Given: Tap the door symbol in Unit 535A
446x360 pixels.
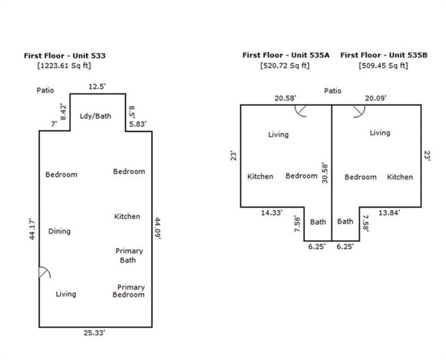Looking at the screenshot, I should click(x=301, y=110).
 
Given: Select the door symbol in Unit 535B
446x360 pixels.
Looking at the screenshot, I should click(x=359, y=110).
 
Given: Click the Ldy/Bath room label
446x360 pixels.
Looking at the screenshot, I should click(x=96, y=115).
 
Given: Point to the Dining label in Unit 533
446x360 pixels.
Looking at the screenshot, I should click(x=59, y=231).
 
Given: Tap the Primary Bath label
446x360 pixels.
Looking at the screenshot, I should click(x=129, y=255).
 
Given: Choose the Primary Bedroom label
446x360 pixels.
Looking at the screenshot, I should click(x=130, y=291).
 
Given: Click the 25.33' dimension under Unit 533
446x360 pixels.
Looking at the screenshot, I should click(x=95, y=333).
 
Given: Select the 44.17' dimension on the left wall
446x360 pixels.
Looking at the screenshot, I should click(x=32, y=229).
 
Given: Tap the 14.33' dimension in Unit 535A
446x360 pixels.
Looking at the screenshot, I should click(x=272, y=212).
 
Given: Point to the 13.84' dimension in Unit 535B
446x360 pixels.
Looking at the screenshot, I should click(x=389, y=212).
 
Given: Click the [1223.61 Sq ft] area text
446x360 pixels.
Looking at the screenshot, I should click(x=64, y=66).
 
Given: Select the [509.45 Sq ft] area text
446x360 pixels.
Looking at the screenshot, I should click(x=383, y=66).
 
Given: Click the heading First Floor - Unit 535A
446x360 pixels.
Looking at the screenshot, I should click(x=286, y=55).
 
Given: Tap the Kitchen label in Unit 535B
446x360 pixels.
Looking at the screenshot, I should click(x=400, y=177).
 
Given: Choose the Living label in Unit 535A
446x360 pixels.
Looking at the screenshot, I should click(x=278, y=135).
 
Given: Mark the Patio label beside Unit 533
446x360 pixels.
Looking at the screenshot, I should click(x=45, y=90).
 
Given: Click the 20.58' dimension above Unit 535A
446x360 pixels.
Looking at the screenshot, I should click(x=285, y=97).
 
